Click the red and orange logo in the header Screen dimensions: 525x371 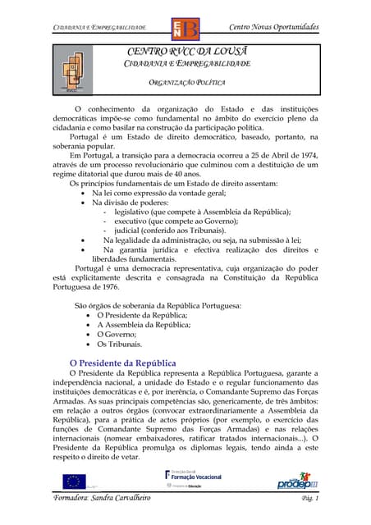pyautogui.click(x=184, y=30)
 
